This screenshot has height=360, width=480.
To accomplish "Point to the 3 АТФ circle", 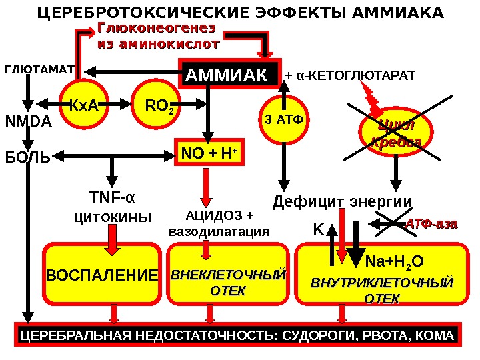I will click(283, 120).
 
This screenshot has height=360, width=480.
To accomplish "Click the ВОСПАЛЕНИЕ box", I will click(103, 275).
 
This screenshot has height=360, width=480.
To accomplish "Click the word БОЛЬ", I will click(27, 158).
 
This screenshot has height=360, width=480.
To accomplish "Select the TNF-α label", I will click(112, 198).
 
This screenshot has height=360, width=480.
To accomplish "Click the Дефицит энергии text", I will click(343, 201).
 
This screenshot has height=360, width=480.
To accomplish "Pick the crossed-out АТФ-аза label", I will click(432, 225).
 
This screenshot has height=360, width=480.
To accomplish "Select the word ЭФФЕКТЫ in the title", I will click(255, 13).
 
